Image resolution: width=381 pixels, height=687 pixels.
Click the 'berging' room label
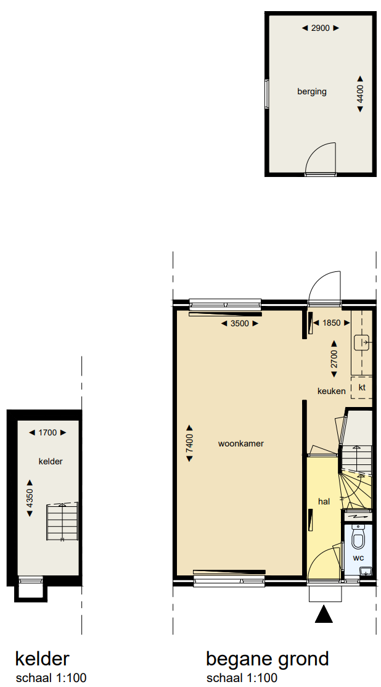coord(312,91)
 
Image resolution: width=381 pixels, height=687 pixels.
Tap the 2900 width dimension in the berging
coord(321,28)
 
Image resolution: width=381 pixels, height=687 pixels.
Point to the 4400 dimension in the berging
coord(360,94)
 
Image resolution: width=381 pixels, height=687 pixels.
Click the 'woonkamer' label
coord(241,443)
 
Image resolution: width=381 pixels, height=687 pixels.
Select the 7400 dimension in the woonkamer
coord(190,443)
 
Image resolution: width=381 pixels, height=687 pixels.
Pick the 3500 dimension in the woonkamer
coord(240,323)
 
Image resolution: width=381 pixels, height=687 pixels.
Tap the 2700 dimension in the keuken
coord(334,359)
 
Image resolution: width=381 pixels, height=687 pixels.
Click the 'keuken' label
coord(332,391)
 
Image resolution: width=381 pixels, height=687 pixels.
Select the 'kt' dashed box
coord(362,387)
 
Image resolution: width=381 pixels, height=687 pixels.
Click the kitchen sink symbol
coord(363,342)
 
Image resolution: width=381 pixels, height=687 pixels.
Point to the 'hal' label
coord(324,501)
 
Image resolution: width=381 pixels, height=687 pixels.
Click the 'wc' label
coord(358,557)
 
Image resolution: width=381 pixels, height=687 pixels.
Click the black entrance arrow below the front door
coord(324,614)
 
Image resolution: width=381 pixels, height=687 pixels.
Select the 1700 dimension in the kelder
coord(47,432)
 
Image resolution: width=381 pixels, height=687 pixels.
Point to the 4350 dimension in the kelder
coord(30,498)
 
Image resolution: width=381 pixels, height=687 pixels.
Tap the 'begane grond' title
coord(267,659)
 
